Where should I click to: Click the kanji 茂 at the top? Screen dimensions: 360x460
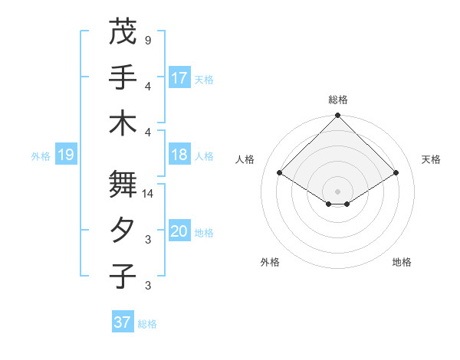[123, 31]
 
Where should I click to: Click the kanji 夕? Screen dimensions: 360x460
[123, 231]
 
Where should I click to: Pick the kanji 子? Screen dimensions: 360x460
[123, 276]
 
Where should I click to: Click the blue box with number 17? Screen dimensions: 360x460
[179, 77]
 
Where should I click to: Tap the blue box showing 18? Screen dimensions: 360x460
[179, 155]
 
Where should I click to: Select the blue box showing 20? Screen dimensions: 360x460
[179, 232]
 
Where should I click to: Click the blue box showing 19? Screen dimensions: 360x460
[66, 155]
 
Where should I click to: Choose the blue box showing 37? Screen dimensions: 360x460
[123, 322]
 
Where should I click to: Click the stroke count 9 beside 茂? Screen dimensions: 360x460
[147, 39]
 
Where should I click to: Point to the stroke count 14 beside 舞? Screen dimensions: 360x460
[149, 195]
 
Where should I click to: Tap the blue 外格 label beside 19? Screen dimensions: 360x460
[41, 156]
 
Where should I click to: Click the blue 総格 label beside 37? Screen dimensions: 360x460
[147, 324]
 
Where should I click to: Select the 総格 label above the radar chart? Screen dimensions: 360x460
[337, 100]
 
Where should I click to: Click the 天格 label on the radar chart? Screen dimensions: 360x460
[431, 159]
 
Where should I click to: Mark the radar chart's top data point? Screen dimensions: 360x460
[337, 116]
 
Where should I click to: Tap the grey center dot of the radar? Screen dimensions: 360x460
[337, 190]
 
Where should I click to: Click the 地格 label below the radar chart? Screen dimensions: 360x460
[402, 262]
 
